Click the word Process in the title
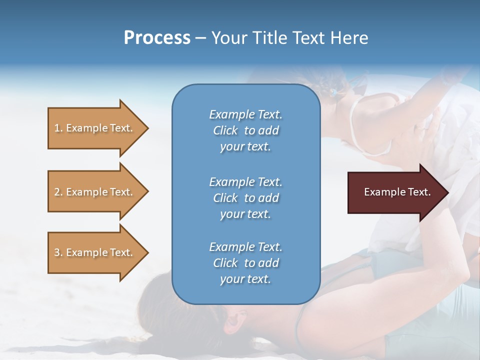pyautogui.click(x=157, y=38)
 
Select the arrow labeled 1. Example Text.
pyautogui.click(x=95, y=128)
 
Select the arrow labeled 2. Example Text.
pyautogui.click(x=95, y=192)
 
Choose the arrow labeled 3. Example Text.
pyautogui.click(x=95, y=252)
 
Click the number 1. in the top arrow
pyautogui.click(x=58, y=128)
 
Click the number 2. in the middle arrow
pyautogui.click(x=58, y=192)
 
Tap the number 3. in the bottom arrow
pyautogui.click(x=58, y=252)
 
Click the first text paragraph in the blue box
pyautogui.click(x=245, y=130)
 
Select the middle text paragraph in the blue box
pyautogui.click(x=245, y=198)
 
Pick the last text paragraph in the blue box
pyautogui.click(x=245, y=263)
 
